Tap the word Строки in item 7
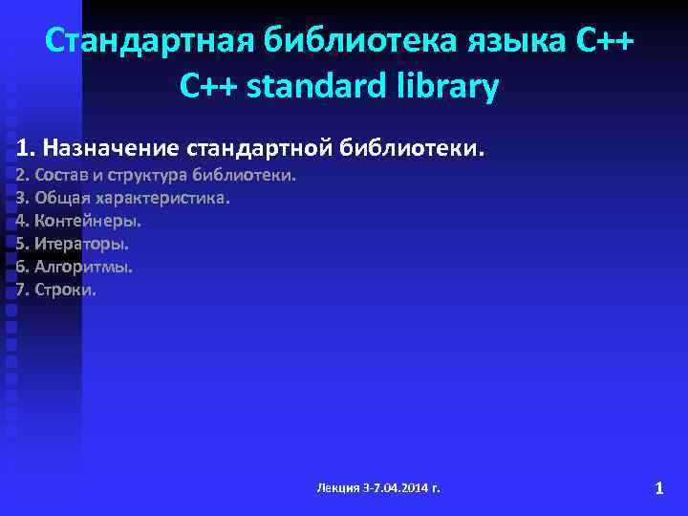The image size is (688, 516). click(x=64, y=290)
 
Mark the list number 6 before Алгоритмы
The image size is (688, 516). click(x=22, y=267)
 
